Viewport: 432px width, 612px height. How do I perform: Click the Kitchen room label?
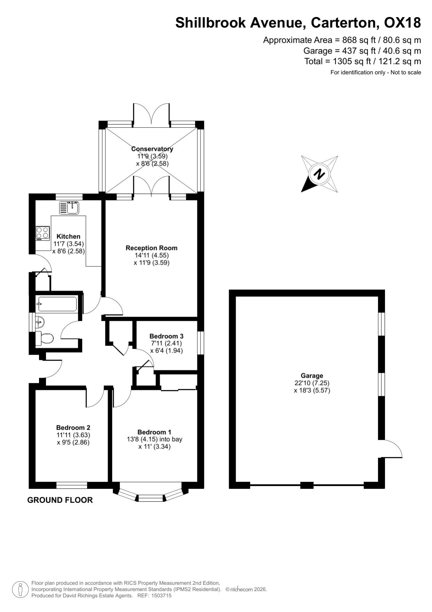69,236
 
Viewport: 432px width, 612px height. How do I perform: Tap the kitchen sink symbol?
69,208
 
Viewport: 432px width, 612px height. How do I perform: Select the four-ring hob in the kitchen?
42,233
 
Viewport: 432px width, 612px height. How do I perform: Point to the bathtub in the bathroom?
57,304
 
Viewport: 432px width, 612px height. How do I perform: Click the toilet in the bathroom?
44,338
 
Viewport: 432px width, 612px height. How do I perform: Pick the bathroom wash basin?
40,322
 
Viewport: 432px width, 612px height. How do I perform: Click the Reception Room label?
151,248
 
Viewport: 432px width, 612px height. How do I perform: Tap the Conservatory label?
152,149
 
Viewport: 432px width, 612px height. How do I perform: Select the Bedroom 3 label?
166,336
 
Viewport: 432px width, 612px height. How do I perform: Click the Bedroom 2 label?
73,428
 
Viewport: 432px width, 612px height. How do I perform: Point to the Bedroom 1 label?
155,432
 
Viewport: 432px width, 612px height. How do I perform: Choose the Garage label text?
312,376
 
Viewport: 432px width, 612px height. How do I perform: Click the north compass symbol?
319,174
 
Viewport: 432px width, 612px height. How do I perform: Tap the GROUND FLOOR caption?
60,500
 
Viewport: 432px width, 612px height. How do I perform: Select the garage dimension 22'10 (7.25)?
312,383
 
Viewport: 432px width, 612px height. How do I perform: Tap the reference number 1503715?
160,596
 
